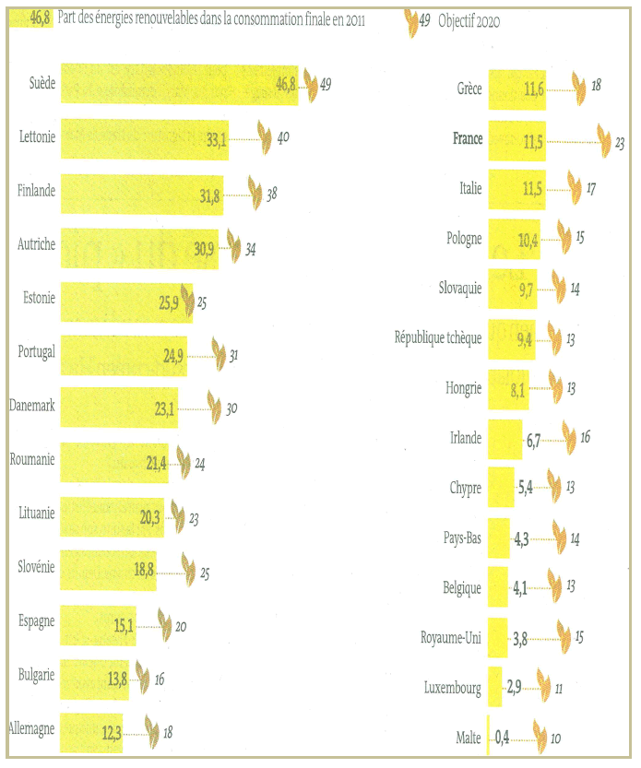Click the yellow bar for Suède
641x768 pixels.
click(x=175, y=85)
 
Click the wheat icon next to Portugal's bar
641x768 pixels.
click(x=219, y=352)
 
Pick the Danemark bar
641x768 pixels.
click(x=120, y=406)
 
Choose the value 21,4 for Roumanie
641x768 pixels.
click(x=156, y=461)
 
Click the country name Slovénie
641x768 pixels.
click(x=36, y=567)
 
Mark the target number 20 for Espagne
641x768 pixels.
click(x=181, y=627)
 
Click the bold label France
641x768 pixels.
click(x=468, y=138)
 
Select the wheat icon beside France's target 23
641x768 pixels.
click(x=604, y=140)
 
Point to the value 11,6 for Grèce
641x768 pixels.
click(x=531, y=89)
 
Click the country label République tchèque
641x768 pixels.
click(x=438, y=338)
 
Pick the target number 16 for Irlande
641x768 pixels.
click(x=584, y=437)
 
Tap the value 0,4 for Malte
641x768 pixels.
click(x=503, y=737)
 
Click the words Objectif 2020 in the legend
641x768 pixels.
click(x=469, y=20)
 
